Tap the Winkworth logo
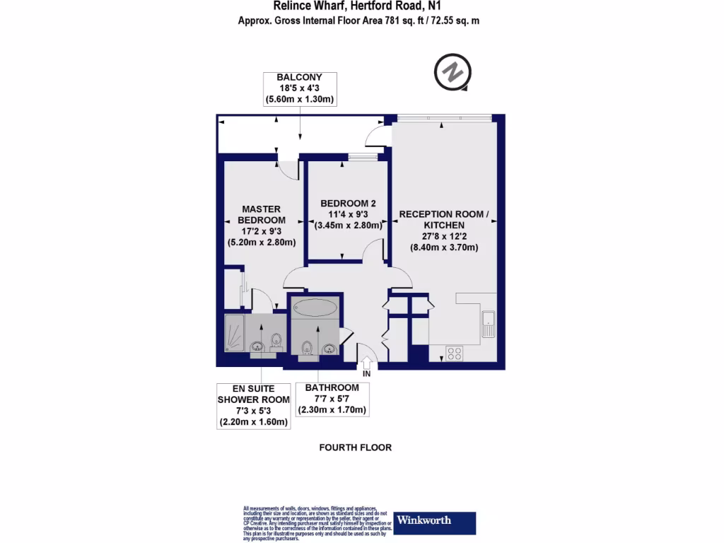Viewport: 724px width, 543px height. pyautogui.click(x=434, y=522)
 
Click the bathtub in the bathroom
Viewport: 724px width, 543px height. pyautogui.click(x=317, y=308)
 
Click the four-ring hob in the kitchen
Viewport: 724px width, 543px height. pyautogui.click(x=455, y=353)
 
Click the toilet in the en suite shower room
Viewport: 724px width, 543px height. pyautogui.click(x=279, y=342)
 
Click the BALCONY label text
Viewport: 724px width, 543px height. pyautogui.click(x=299, y=77)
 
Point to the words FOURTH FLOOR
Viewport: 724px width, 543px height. pyautogui.click(x=355, y=448)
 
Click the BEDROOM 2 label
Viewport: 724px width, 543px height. pyautogui.click(x=348, y=204)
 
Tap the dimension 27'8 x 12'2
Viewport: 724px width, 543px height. pyautogui.click(x=444, y=236)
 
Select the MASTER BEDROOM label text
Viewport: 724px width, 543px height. pyautogui.click(x=262, y=214)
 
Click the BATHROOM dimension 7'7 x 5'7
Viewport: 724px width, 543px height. pyautogui.click(x=332, y=399)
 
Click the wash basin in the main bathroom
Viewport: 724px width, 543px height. pyautogui.click(x=329, y=348)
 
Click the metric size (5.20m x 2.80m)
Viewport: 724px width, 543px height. pyautogui.click(x=262, y=243)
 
